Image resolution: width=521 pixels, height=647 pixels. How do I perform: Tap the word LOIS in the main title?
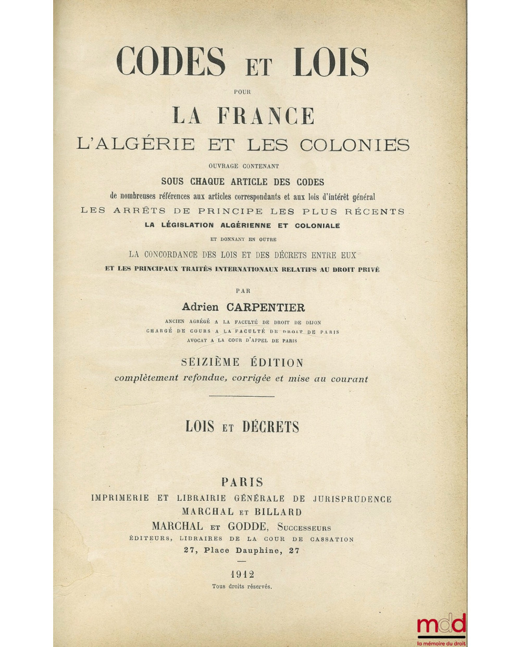pyautogui.click(x=332, y=62)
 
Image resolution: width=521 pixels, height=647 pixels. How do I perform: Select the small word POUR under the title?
pyautogui.click(x=243, y=92)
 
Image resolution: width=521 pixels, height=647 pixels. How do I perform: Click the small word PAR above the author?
pyautogui.click(x=243, y=291)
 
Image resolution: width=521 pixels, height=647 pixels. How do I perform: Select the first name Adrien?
pyautogui.click(x=200, y=308)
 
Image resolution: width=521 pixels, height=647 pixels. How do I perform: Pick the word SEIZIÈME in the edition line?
pyautogui.click(x=210, y=362)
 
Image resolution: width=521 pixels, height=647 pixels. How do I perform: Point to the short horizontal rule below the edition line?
pyautogui.click(x=242, y=397)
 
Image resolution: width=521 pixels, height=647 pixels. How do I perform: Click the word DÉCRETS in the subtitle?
pyautogui.click(x=270, y=427)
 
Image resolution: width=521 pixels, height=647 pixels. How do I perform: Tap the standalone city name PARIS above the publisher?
pyautogui.click(x=242, y=483)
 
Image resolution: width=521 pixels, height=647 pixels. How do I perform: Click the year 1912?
pyautogui.click(x=242, y=574)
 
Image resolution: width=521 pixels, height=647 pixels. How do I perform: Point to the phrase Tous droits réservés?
pyautogui.click(x=242, y=587)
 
